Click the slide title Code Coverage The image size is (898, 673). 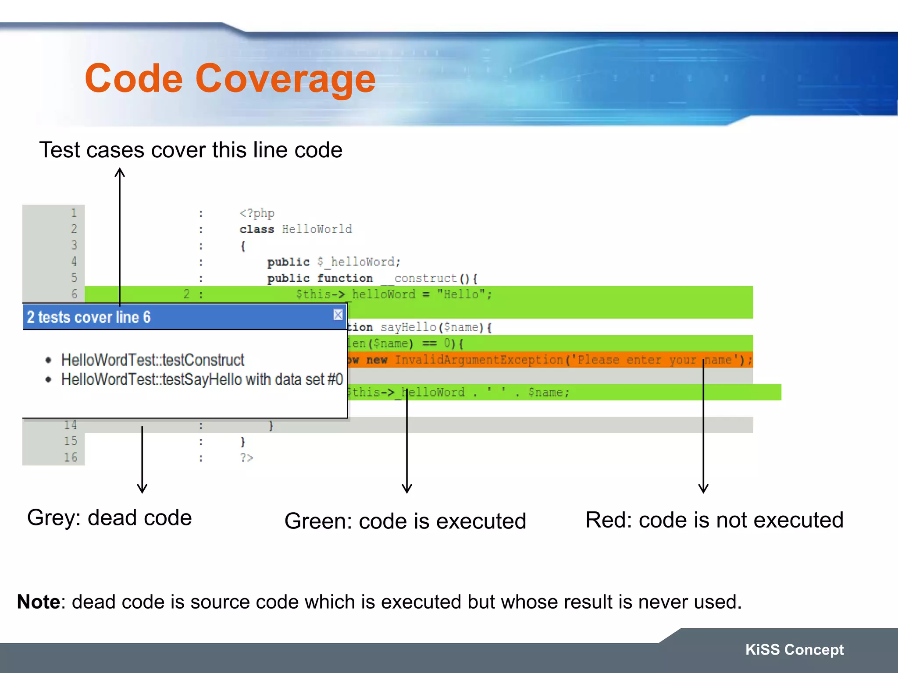[x=230, y=78]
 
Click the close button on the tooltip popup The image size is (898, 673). [x=338, y=315]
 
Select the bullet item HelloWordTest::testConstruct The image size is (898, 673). [x=152, y=360]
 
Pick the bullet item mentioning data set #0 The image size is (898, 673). [x=202, y=379]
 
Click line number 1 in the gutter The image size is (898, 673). [x=74, y=213]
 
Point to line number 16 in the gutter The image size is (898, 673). [x=71, y=457]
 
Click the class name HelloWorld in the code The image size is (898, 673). [x=317, y=229]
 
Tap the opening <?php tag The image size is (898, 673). [x=257, y=213]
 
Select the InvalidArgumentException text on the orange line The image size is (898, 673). [x=479, y=360]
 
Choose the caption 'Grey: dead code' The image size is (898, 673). [x=109, y=518]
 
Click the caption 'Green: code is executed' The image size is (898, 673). [x=405, y=521]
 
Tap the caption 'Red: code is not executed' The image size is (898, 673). [x=714, y=520]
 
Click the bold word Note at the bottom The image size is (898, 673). [x=38, y=602]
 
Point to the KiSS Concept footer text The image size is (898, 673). [x=794, y=649]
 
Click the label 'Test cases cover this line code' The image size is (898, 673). [x=191, y=150]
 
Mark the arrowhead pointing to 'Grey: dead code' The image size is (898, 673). [x=142, y=489]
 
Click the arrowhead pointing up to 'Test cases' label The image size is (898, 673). [x=120, y=172]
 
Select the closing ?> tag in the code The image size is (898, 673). [x=246, y=458]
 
